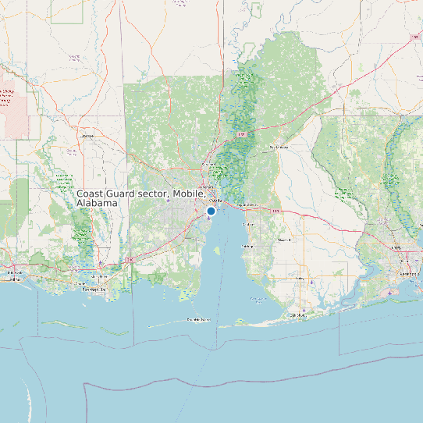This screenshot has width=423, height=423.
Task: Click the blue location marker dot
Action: point(211,211)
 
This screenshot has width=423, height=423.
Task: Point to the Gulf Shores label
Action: point(298,315)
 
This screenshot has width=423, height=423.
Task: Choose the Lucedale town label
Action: point(87,135)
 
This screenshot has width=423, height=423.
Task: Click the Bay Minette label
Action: point(279,147)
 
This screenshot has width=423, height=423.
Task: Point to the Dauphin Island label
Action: point(198,320)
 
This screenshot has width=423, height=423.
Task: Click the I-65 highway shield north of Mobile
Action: point(241,135)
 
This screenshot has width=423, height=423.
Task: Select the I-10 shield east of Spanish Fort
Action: point(275,211)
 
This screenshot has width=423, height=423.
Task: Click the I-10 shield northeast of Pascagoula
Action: point(130,258)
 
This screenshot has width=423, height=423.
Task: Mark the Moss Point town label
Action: point(99,276)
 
